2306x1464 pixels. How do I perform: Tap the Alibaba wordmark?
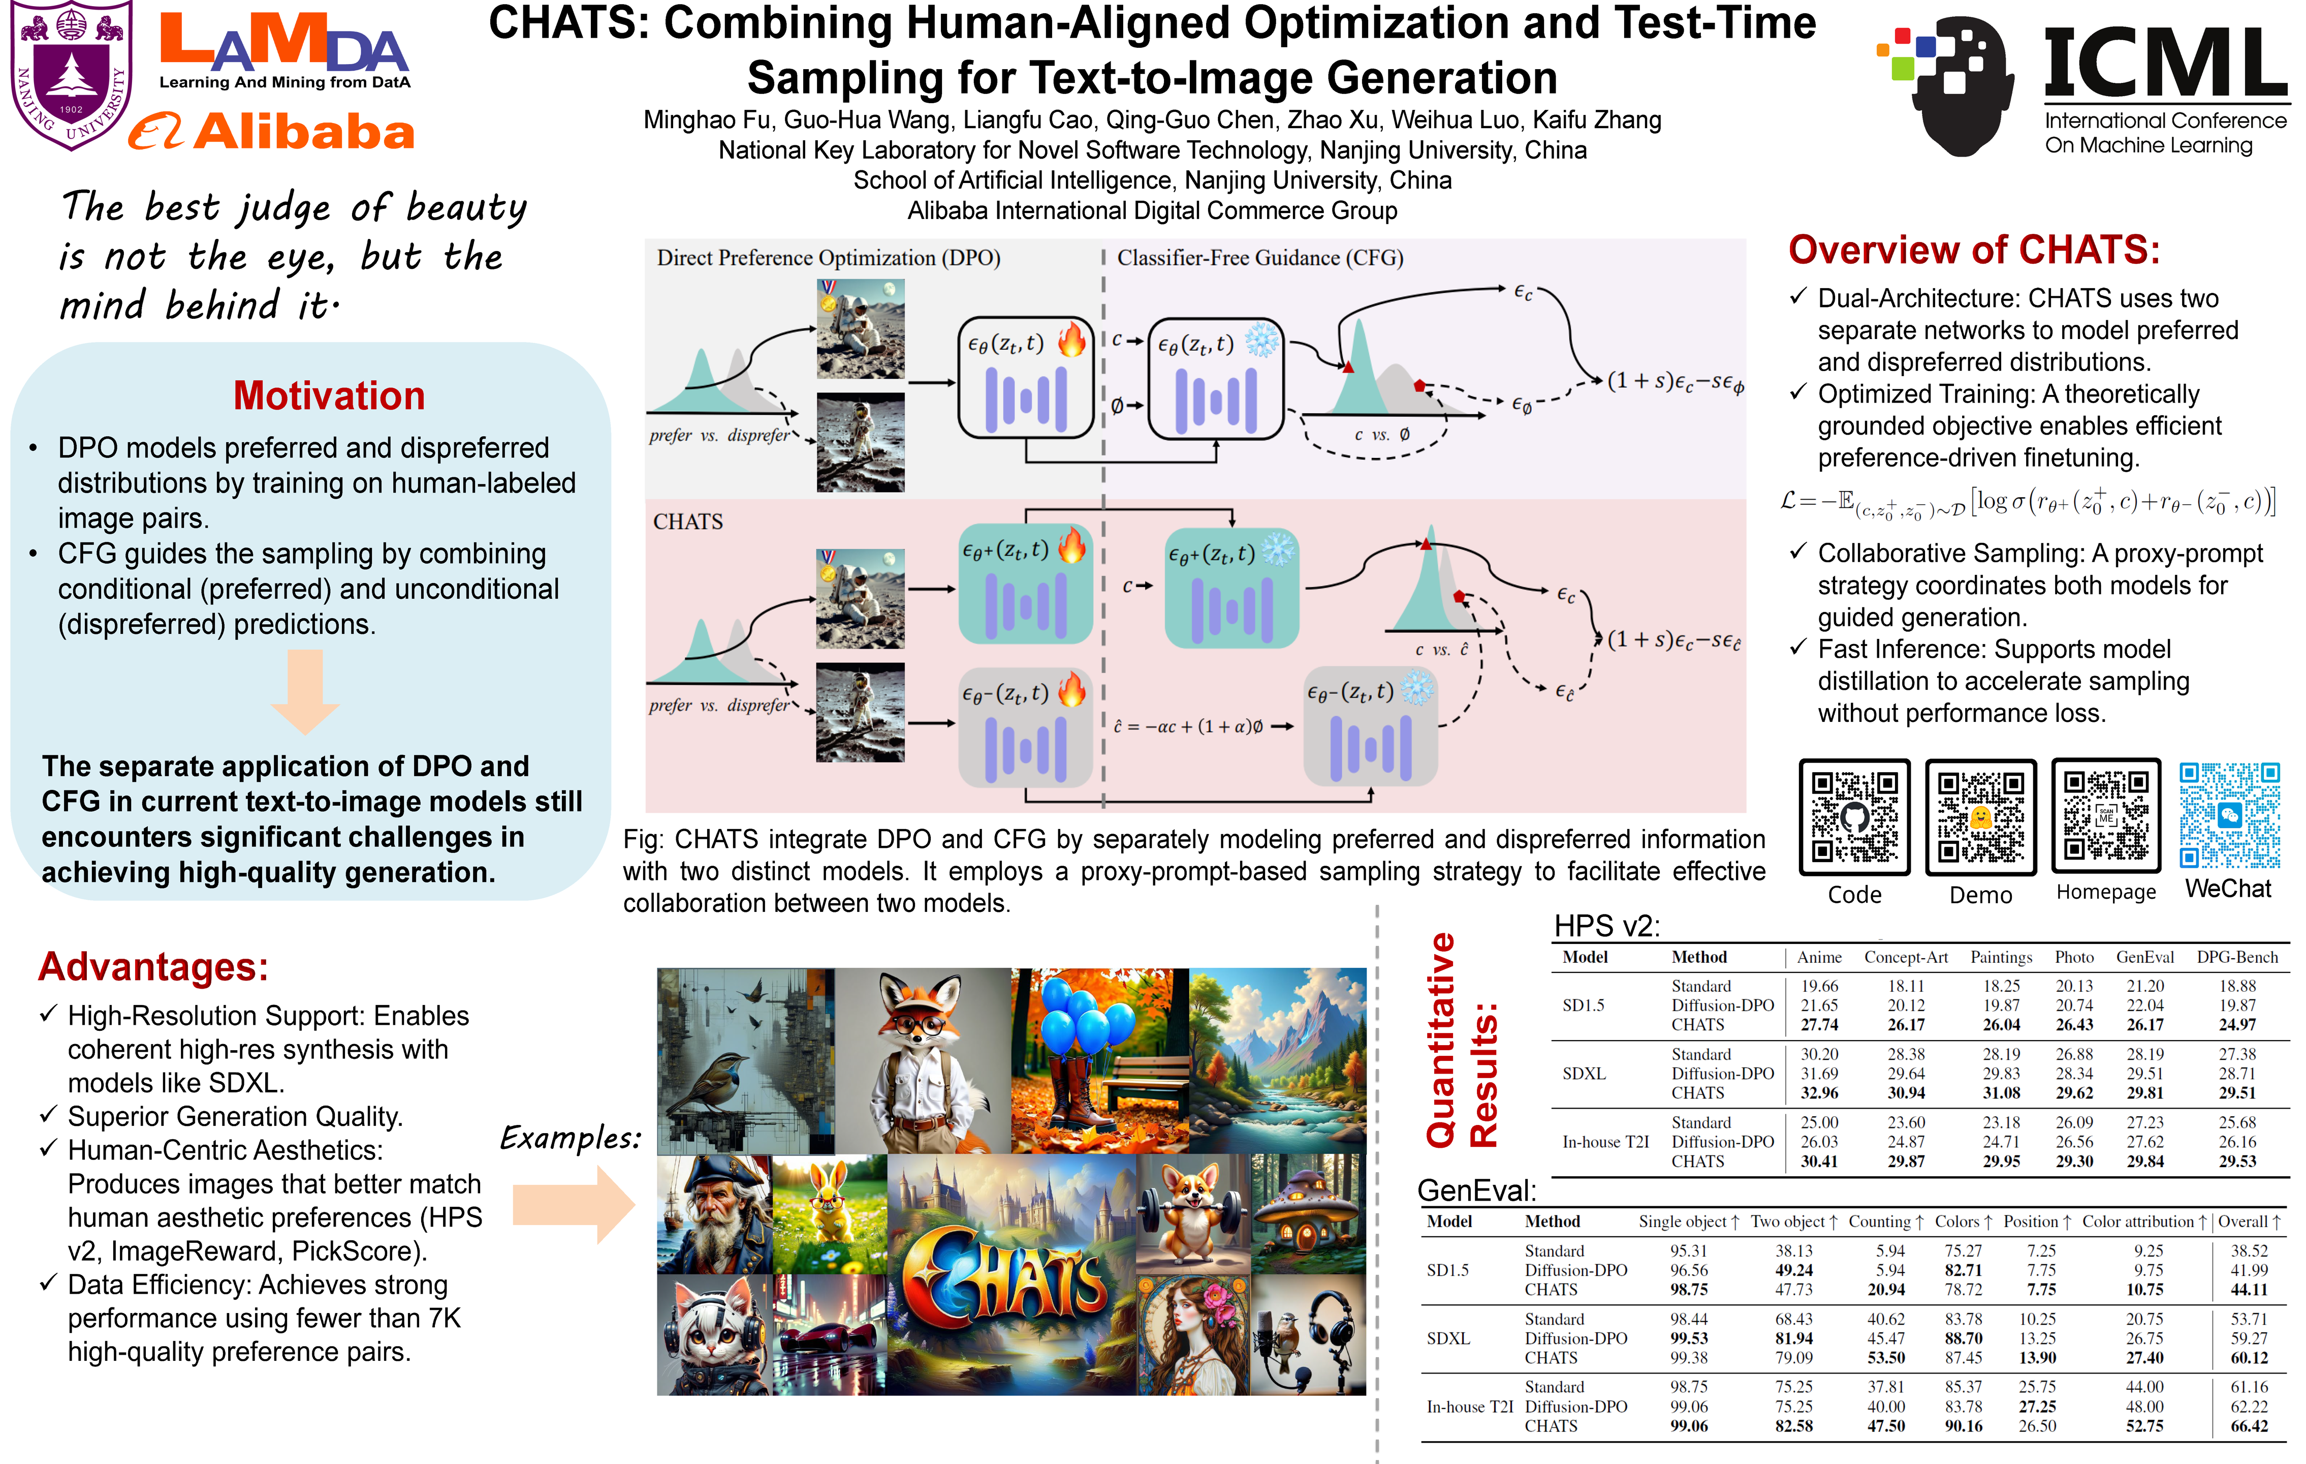(273, 132)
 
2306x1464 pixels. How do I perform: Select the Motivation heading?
(329, 395)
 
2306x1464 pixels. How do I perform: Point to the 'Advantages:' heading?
(153, 967)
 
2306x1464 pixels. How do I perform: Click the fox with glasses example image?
(923, 1060)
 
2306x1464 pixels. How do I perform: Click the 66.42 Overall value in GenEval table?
(2249, 1426)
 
